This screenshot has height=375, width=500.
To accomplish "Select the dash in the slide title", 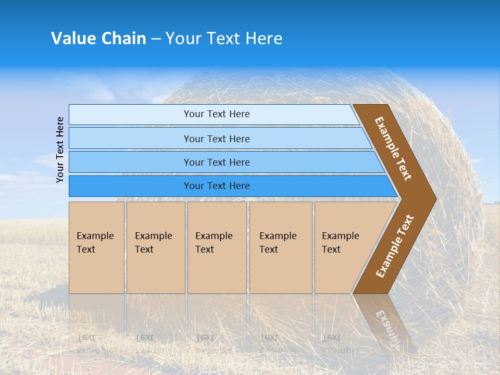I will pos(156,39).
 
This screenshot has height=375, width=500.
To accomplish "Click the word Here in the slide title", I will pos(264,39).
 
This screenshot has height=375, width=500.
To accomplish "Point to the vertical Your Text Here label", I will pos(60,149).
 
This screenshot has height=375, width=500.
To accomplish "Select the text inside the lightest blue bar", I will pos(217,114).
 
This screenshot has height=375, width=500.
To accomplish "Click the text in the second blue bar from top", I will pos(217,139).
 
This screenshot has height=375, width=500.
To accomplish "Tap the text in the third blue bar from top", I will pos(217,162).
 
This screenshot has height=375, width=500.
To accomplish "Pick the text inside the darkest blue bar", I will pos(217,186).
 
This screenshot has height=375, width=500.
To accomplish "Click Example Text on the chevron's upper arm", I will pos(393,148).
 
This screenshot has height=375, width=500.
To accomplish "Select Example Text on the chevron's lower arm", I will pos(395,246).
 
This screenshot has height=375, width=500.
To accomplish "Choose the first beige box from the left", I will pos(96,247).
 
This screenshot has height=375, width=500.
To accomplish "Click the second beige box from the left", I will pos(155,247).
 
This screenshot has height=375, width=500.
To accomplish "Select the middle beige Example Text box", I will pos(217,247).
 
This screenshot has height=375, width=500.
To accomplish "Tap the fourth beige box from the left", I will pos(281,247).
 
